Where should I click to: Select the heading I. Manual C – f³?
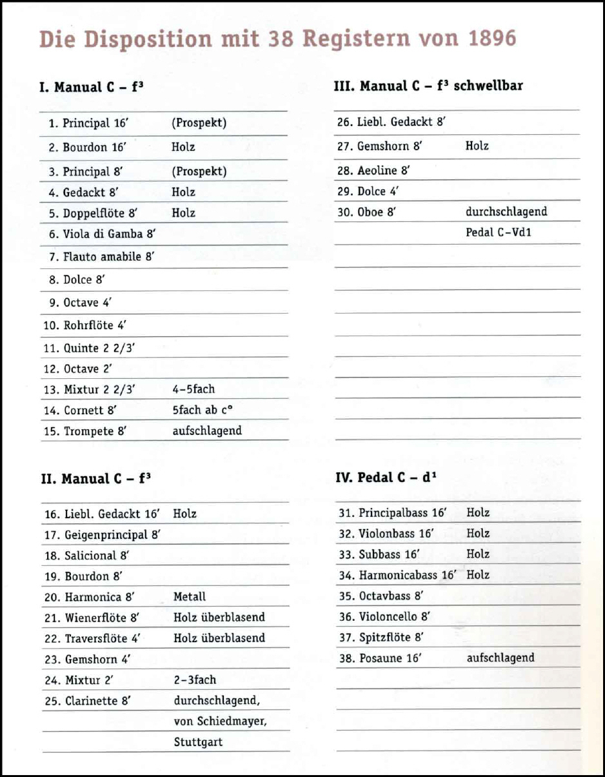click(x=90, y=87)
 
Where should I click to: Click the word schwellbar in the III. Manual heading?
click(x=488, y=86)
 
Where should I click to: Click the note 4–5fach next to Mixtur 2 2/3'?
click(x=193, y=389)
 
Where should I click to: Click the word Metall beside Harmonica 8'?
click(x=190, y=597)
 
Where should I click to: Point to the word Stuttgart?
click(x=198, y=742)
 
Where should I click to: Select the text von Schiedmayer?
click(x=219, y=721)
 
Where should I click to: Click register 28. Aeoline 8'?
click(x=374, y=171)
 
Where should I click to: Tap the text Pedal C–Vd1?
click(x=499, y=232)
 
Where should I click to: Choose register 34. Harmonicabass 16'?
click(x=397, y=575)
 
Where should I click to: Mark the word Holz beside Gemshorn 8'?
click(x=477, y=146)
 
